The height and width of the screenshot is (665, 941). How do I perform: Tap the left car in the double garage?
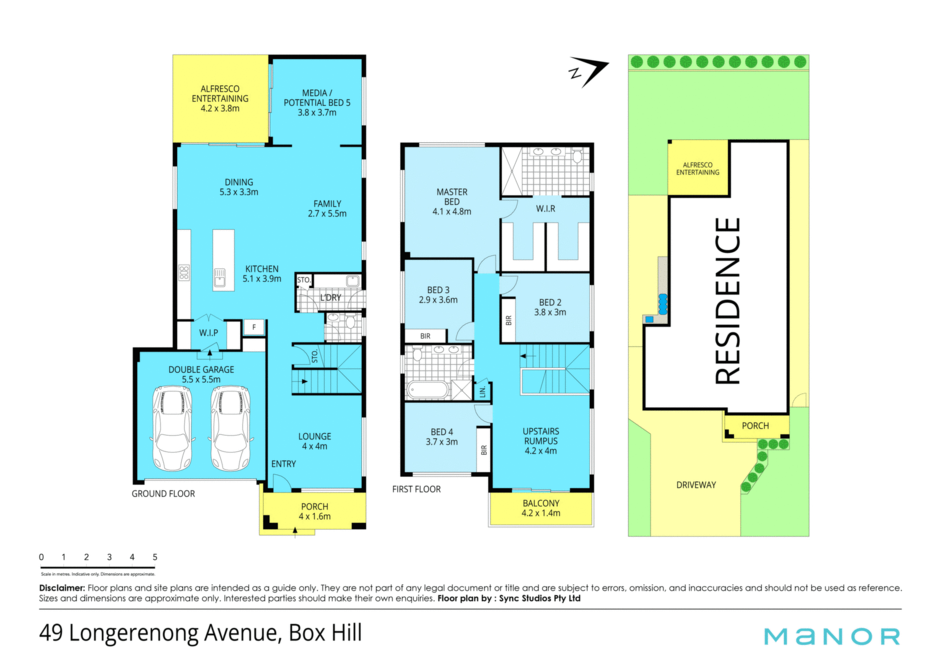coord(172,428)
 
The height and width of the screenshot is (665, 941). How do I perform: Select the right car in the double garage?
coord(230,428)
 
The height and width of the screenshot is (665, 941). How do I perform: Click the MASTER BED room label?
coord(452,202)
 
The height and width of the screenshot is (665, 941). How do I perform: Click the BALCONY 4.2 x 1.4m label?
coord(541,508)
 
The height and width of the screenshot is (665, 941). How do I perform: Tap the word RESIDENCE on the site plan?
coord(727,301)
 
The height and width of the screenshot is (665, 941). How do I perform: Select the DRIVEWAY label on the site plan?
coord(696,485)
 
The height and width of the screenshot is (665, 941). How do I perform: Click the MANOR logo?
coord(832,637)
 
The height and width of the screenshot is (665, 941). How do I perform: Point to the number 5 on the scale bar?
coord(155,557)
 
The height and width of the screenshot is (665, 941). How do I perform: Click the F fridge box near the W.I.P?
coord(254,327)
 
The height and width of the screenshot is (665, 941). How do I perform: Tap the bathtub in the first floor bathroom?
coord(427,390)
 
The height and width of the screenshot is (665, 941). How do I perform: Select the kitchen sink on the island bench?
coord(220,277)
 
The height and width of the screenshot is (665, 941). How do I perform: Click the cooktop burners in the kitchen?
coord(184,272)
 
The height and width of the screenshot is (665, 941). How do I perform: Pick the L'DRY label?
coord(330,297)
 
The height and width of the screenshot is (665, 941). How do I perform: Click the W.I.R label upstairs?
coord(545,209)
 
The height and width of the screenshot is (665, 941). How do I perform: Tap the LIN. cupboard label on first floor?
coord(483,392)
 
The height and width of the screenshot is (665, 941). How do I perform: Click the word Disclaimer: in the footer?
coord(62,588)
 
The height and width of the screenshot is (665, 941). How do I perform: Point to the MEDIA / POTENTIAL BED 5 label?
coord(317,102)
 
